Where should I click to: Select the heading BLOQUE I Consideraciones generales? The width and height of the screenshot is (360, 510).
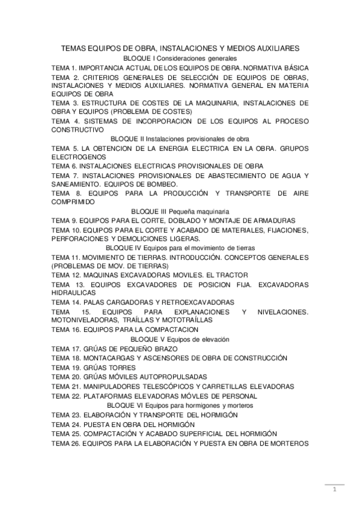pos(180,58)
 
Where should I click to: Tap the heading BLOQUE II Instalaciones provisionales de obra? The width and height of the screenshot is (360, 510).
pos(180,138)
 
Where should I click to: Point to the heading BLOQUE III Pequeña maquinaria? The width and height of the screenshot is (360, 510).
pos(180,212)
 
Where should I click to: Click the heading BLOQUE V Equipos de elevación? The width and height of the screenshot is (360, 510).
pos(180,339)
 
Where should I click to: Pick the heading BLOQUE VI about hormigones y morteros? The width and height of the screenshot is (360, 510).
pos(180,406)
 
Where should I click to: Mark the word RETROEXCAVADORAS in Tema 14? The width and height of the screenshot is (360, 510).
pos(192,301)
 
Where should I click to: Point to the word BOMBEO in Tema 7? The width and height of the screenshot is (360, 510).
pos(161,183)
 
